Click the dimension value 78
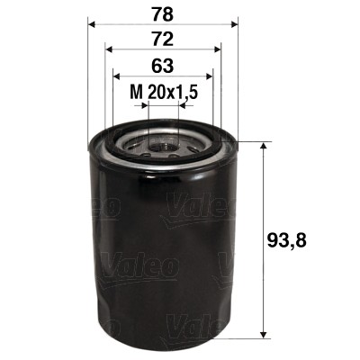tap(162, 15)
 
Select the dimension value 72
tap(162, 40)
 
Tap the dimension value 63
tap(162, 66)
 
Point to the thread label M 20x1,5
tap(163, 92)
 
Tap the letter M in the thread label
tap(135, 92)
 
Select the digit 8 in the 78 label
tap(170, 15)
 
